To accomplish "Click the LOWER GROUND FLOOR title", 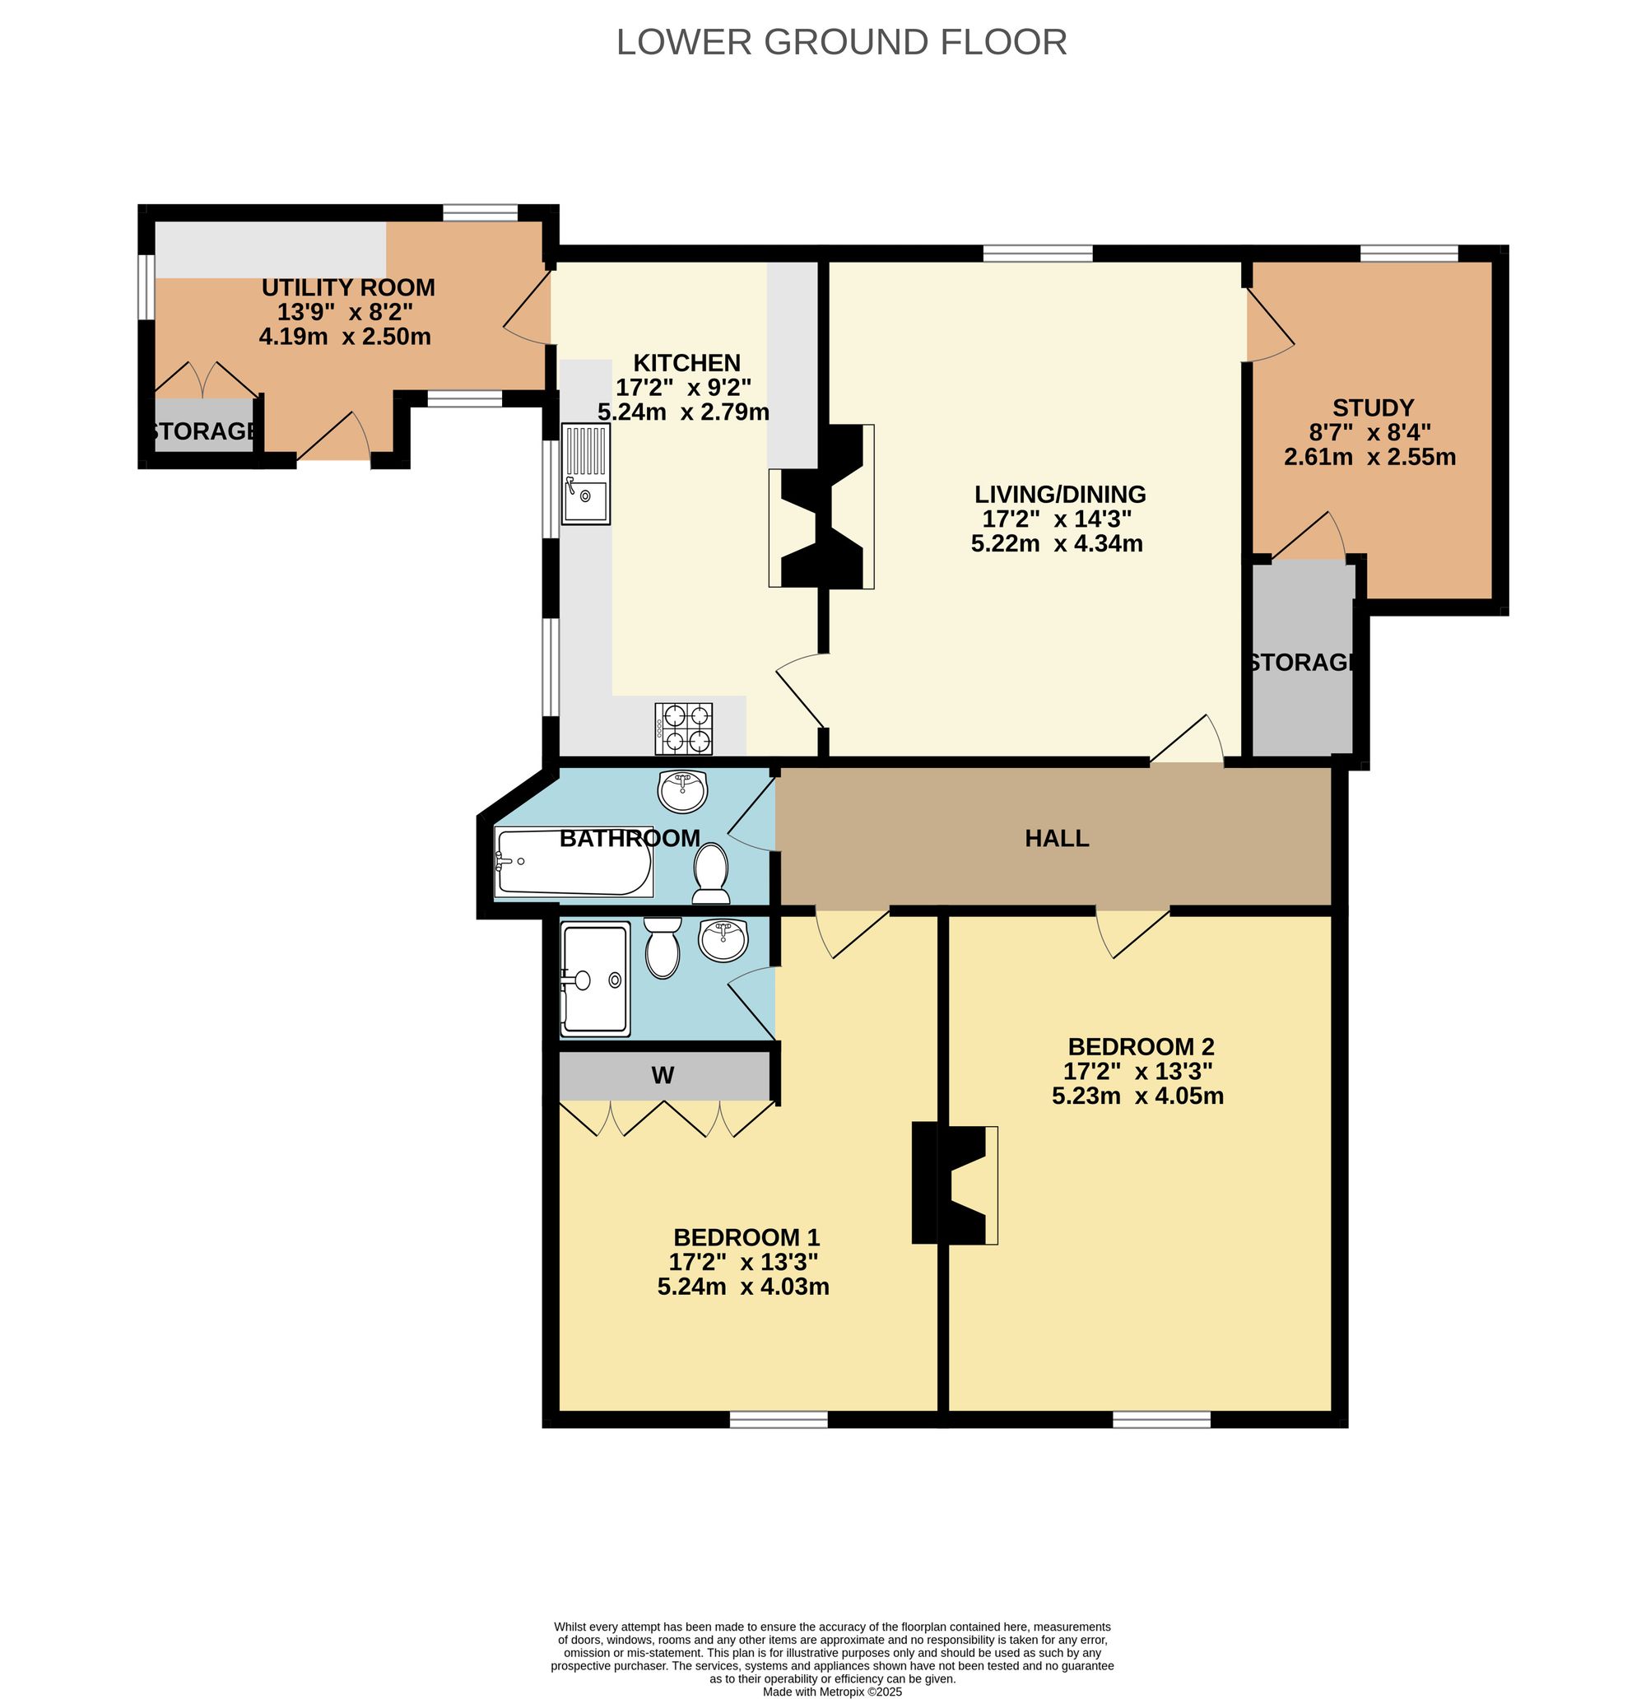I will click(841, 42).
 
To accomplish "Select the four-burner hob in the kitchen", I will click(684, 728).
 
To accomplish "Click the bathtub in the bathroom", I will click(573, 862).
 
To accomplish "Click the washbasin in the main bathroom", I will click(683, 789).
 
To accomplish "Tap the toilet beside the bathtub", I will click(711, 873).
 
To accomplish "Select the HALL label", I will click(1056, 838).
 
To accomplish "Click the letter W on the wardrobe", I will click(663, 1076).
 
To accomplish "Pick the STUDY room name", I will click(1372, 407).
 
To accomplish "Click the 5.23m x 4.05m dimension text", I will click(1137, 1096).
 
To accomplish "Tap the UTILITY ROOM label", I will click(347, 287).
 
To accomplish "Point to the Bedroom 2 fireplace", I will click(954, 1184).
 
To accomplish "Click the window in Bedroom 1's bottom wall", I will click(779, 1419).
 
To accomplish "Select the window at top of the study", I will click(1408, 252).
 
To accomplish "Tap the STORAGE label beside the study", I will click(1301, 663).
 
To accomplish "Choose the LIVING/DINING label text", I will click(1059, 494).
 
